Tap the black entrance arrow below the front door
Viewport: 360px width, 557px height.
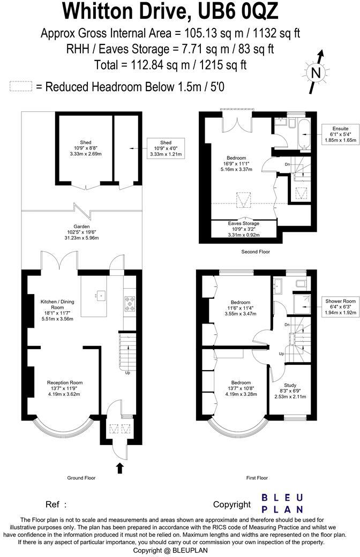coord(120,469)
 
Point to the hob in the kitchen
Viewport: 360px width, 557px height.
coord(130,304)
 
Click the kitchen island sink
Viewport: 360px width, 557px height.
coord(99,295)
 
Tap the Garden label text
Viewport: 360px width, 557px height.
coord(82,227)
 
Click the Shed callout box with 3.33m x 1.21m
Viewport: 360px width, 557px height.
coord(166,149)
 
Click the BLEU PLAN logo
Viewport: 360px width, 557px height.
coord(282,503)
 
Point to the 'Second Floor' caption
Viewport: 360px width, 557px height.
coord(256,251)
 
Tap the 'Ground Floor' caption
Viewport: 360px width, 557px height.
coord(82,478)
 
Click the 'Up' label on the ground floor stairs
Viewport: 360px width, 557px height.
coord(127,373)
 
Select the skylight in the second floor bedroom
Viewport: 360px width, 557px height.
coord(244,200)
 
